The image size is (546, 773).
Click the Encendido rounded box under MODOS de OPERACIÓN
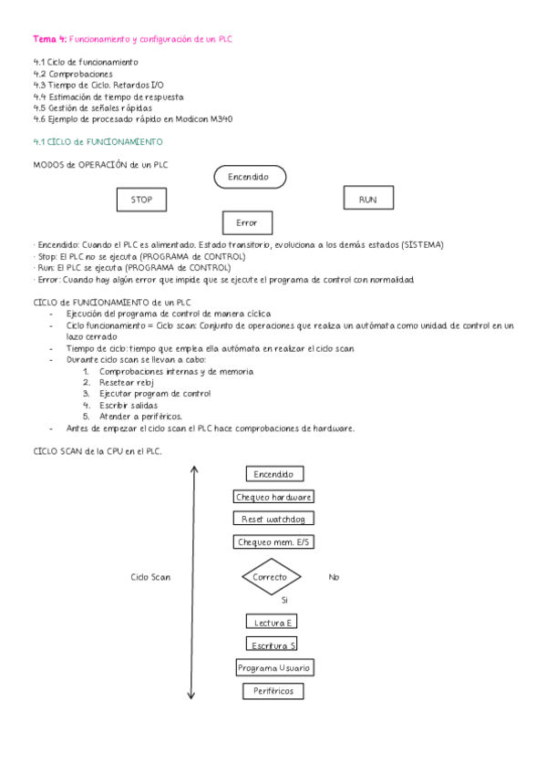point(249,177)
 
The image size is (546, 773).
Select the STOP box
point(141,199)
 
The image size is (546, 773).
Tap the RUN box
point(367,199)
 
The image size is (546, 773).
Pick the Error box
point(247,222)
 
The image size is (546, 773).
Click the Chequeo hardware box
point(274,497)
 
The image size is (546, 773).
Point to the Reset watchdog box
point(274,519)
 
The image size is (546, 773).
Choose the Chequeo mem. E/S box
point(274,542)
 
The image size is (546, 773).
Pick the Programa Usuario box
point(274,668)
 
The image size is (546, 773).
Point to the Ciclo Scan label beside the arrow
point(150,577)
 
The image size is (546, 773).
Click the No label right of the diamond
point(334,577)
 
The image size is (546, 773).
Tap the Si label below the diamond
point(284,600)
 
